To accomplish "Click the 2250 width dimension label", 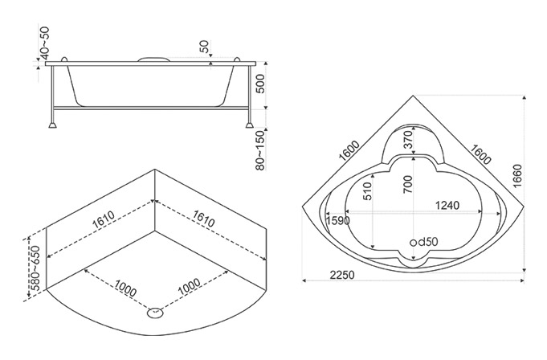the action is (342, 275).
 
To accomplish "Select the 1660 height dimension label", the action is (518, 175).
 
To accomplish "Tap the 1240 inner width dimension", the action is (447, 205).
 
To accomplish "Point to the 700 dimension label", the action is (407, 184).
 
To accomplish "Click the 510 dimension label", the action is (367, 191).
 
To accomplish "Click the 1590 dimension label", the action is (337, 220).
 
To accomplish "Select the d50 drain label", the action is (427, 241).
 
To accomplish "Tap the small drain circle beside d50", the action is (413, 243).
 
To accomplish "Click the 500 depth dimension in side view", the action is (260, 84).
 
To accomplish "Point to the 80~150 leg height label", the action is (260, 151).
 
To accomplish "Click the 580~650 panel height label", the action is (35, 268).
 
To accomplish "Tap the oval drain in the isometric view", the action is (155, 313).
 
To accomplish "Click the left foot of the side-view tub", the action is (53, 125).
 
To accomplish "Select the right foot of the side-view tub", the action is (250, 125).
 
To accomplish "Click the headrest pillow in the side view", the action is (153, 59).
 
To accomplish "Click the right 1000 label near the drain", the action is (189, 286).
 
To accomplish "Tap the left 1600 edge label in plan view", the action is (349, 150).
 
